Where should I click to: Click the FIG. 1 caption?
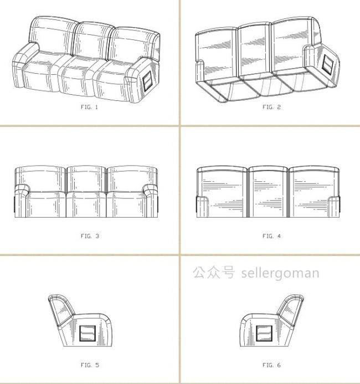[x=89, y=107]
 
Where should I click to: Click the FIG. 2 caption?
[x=271, y=107]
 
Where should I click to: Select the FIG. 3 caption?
[x=90, y=236]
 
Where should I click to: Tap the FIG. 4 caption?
[x=271, y=236]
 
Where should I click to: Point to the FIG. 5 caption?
[x=90, y=365]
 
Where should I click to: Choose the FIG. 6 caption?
[x=271, y=365]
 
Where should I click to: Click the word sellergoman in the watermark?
[x=280, y=273]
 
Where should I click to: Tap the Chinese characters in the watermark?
[x=214, y=272]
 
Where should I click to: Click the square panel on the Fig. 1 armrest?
[x=148, y=82]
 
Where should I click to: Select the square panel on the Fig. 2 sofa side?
[x=327, y=64]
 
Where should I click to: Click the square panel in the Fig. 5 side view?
[x=88, y=334]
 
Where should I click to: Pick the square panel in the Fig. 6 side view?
[x=264, y=334]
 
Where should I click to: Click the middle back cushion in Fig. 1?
[x=93, y=40]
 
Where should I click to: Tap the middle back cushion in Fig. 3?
[x=86, y=179]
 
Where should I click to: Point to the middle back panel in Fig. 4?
[x=268, y=192]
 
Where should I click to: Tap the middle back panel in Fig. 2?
[x=255, y=50]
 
